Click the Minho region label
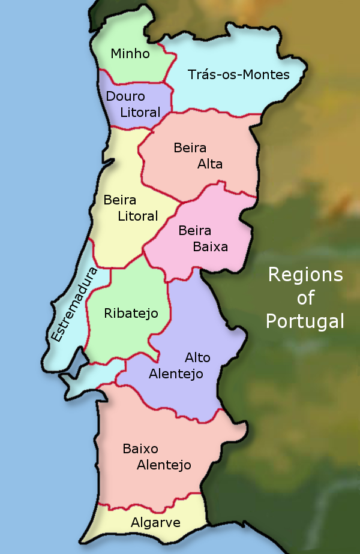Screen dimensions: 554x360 pos(130,54)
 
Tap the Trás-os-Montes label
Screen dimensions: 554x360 pos(238,75)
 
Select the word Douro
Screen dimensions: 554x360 pos(125,97)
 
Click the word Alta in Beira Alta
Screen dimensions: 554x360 pos(210,164)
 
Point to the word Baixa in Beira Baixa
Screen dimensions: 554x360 pos(210,246)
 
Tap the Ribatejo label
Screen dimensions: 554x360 pos(131,314)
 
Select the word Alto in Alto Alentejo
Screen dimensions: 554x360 pos(197,358)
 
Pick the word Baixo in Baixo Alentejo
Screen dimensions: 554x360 pos(140,448)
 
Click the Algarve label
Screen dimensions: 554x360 pos(155,523)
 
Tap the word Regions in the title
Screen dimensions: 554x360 pos(305,275)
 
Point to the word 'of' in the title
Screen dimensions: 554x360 pos(305,298)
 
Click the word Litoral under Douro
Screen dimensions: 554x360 pos(140,113)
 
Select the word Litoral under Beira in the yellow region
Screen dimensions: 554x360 pos(138,216)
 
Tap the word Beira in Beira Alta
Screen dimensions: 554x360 pos(190,147)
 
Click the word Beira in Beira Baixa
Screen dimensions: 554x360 pos(194,230)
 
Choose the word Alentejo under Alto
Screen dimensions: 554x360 pos(176,374)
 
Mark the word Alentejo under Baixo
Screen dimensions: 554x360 pos(164,465)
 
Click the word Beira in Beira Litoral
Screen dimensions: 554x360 pos(120,200)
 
